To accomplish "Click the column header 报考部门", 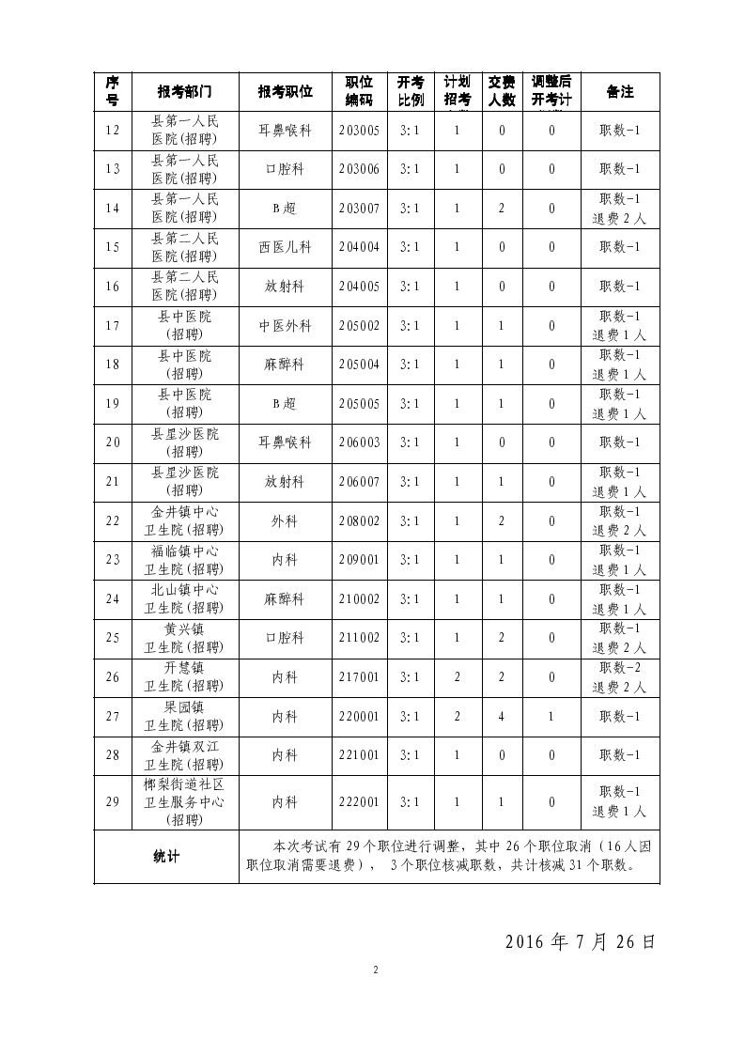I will tap(184, 92).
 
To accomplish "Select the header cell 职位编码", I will tap(359, 92).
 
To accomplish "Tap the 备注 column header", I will tap(620, 92).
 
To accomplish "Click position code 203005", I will tap(359, 131).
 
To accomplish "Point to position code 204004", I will tap(359, 247).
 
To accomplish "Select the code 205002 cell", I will tap(359, 326).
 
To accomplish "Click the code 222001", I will tap(359, 802).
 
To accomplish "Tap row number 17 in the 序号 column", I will tap(113, 326).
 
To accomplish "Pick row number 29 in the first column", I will tap(113, 802).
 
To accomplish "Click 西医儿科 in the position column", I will tap(285, 247).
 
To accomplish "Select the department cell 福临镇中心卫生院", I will tap(184, 560).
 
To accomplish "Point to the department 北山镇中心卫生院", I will tap(184, 599).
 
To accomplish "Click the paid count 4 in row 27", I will tap(502, 717).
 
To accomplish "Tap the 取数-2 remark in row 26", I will tap(620, 667).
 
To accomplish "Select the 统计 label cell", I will tap(166, 856).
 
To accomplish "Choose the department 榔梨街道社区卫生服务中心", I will tap(184, 802).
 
